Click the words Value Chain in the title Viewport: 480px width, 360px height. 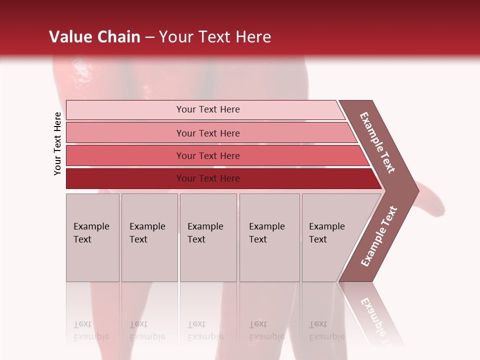tap(94, 37)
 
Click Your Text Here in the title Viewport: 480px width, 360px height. tap(215, 37)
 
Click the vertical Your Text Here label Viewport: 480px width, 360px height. tap(57, 143)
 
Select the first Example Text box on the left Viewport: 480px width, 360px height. tap(92, 237)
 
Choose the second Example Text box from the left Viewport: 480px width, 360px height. tap(149, 237)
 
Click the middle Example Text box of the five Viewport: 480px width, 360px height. tap(208, 237)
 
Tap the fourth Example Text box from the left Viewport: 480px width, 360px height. tap(269, 237)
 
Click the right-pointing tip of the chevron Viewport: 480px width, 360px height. tap(414, 190)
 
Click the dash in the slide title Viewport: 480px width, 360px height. tap(149, 37)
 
